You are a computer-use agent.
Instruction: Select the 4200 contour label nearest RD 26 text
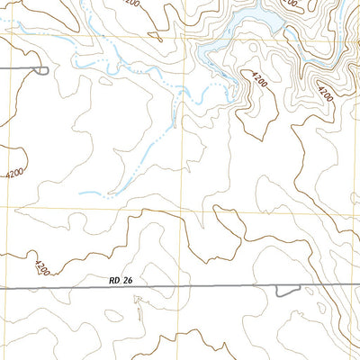click(40, 267)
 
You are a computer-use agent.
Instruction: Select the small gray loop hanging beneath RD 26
click(287, 290)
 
